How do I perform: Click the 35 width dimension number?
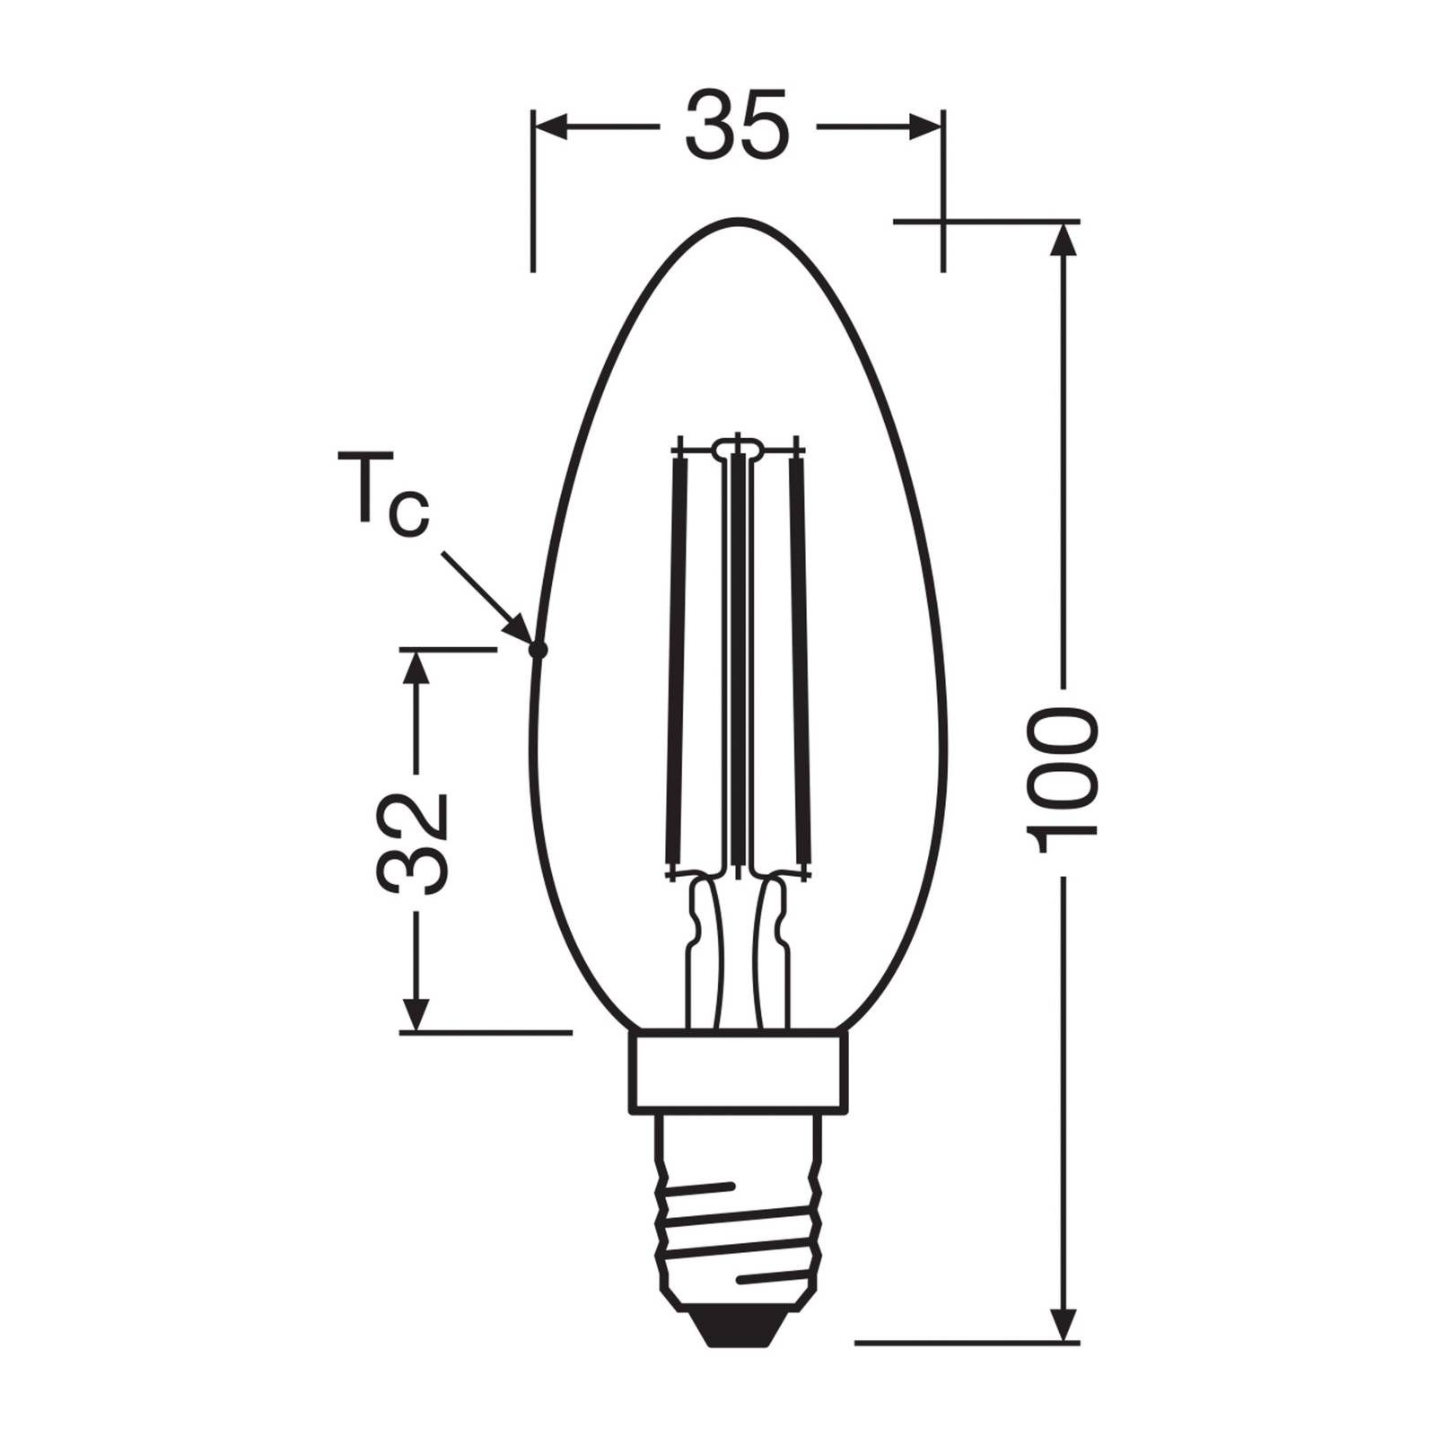coord(738,126)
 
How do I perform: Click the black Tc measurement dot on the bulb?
coord(538,651)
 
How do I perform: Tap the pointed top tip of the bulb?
coord(738,220)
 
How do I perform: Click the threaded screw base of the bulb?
coord(738,1221)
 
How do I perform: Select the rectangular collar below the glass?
coord(738,1072)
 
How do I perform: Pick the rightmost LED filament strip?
coord(798,655)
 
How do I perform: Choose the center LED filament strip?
coord(738,655)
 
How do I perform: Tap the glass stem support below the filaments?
coord(738,951)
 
